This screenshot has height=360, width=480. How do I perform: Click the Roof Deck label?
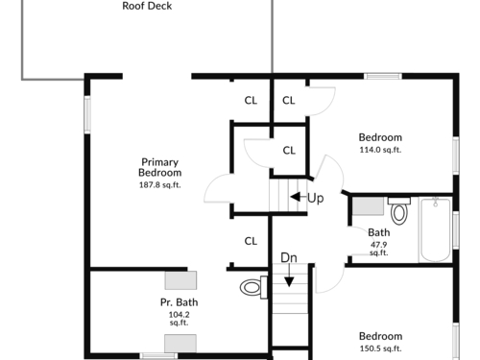tap(147, 6)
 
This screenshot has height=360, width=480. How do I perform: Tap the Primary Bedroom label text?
tap(160, 167)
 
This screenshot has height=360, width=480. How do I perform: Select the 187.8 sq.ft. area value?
tap(160, 185)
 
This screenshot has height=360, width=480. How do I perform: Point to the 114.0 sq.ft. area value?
tap(380, 150)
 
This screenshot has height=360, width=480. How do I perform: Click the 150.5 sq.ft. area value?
tap(380, 348)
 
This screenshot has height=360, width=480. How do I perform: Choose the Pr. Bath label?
tap(180, 302)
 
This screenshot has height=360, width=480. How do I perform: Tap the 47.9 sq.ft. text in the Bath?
tap(379, 249)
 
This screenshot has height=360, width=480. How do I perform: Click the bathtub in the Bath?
tap(435, 229)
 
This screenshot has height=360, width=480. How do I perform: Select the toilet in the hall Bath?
tap(399, 210)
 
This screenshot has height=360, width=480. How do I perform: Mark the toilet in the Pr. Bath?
tap(253, 287)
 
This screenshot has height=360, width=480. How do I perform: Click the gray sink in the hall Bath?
tap(368, 206)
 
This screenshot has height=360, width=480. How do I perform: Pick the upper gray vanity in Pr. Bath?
tap(180, 280)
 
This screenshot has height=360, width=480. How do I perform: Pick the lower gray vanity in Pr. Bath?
tap(180, 344)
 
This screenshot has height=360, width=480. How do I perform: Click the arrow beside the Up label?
tap(296, 197)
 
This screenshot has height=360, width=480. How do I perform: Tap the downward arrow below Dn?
tap(289, 276)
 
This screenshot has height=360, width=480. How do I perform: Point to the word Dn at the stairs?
tap(289, 257)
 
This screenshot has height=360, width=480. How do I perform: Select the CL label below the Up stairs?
tap(251, 241)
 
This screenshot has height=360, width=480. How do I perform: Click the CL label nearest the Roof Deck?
tap(251, 101)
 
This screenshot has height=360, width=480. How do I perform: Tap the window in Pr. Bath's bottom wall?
tap(158, 355)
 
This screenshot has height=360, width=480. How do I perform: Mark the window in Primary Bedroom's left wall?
tap(87, 114)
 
